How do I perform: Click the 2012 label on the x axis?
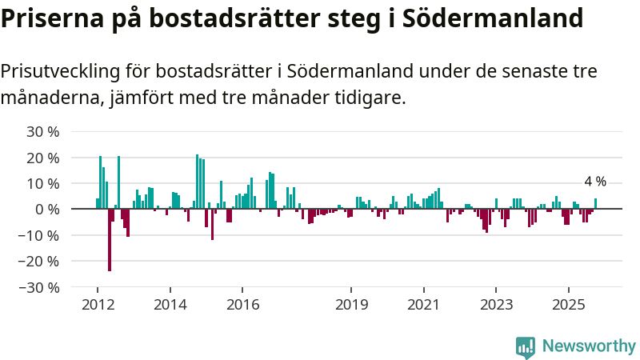click(98, 304)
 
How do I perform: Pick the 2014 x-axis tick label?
click(170, 304)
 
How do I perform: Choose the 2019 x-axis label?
click(351, 304)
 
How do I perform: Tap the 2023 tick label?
click(496, 304)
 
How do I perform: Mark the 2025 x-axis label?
click(568, 304)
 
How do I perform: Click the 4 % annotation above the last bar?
click(594, 182)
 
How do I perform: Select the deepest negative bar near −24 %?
click(110, 240)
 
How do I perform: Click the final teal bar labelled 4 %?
click(595, 203)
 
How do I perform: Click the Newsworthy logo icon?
click(526, 346)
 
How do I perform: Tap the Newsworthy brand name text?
click(589, 346)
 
